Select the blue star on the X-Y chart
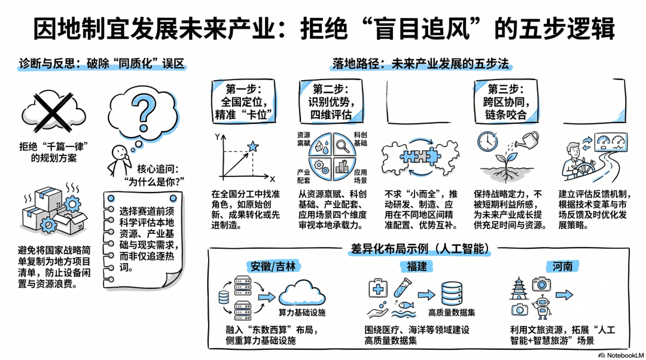click(252, 147)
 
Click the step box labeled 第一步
click(243, 101)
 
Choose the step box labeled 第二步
click(331, 101)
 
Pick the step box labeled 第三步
click(506, 101)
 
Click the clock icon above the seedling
click(487, 142)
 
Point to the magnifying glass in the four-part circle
click(343, 145)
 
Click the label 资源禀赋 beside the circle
click(304, 139)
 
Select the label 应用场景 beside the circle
click(360, 176)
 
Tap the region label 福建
click(417, 266)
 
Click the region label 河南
click(562, 266)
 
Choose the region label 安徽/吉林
click(273, 266)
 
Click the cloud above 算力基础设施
click(302, 293)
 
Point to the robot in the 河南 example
click(542, 307)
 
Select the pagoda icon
click(519, 288)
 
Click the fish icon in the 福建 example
click(406, 305)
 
